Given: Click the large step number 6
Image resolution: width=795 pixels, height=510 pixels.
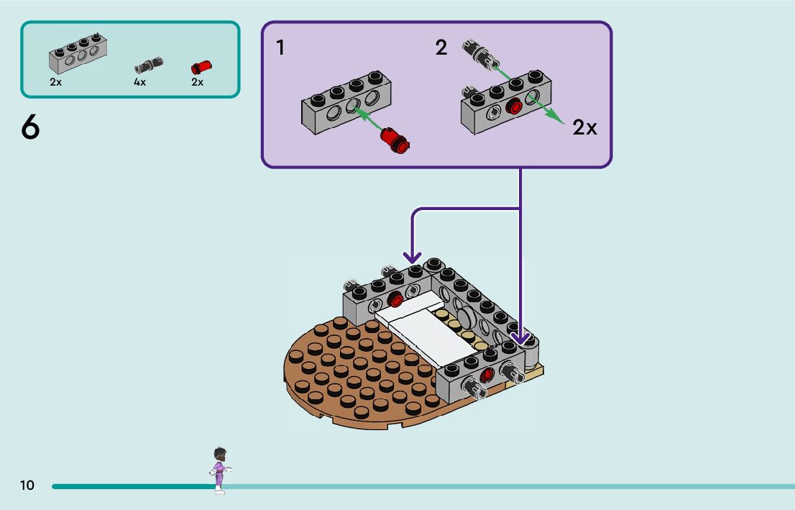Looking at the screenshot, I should point(30,128).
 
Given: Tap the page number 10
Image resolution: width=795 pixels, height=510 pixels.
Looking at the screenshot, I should point(27,486).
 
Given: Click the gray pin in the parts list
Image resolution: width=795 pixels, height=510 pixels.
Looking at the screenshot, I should point(148,66).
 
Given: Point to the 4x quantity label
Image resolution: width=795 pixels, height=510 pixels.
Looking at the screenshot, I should point(139,82).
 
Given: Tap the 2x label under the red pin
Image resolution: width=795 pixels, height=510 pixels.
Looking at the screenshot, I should point(197,82).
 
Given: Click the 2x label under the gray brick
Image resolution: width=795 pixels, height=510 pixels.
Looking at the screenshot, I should point(56,82).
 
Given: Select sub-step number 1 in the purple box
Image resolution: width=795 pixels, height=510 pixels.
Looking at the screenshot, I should point(280,48).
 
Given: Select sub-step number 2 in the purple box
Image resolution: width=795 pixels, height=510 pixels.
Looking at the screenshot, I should point(441,48).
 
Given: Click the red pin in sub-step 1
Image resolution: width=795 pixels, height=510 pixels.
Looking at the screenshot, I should point(395,139).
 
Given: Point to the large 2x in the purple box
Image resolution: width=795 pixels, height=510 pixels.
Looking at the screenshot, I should point(585,128).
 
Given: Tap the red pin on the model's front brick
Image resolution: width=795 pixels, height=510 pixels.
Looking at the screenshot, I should point(487,374).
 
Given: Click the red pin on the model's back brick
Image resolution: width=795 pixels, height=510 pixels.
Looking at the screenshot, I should point(394,301).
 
